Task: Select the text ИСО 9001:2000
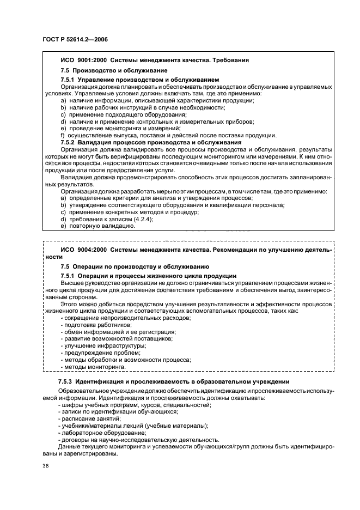(x=81, y=60)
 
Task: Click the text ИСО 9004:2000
(x=81, y=249)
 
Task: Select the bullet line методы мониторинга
(x=93, y=367)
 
